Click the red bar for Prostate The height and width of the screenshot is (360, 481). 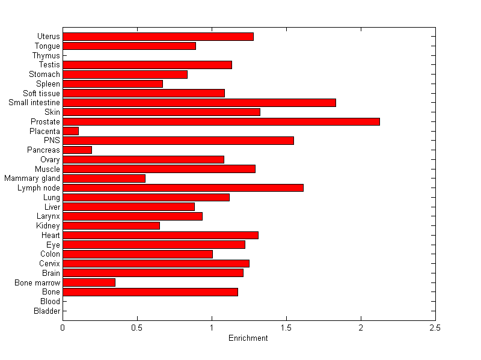[221, 121]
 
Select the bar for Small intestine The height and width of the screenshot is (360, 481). [199, 103]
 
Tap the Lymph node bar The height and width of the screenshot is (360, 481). [183, 188]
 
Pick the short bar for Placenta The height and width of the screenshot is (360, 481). [70, 131]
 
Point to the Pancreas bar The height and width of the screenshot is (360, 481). [77, 150]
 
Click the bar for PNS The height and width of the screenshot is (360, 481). [178, 141]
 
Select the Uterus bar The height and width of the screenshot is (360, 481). [158, 37]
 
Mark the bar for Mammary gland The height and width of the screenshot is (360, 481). [104, 178]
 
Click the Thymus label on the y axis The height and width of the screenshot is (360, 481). [46, 55]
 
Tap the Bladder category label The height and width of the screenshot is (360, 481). [47, 311]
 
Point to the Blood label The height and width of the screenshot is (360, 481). [50, 301]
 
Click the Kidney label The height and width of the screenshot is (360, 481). [48, 225]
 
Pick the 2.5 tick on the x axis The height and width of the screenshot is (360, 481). [435, 328]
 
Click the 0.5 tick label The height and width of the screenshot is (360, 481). [137, 328]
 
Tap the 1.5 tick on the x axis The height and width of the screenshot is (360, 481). [286, 328]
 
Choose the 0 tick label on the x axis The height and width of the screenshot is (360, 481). [63, 328]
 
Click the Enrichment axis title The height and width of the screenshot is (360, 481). [248, 338]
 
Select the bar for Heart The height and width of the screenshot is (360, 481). [161, 235]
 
